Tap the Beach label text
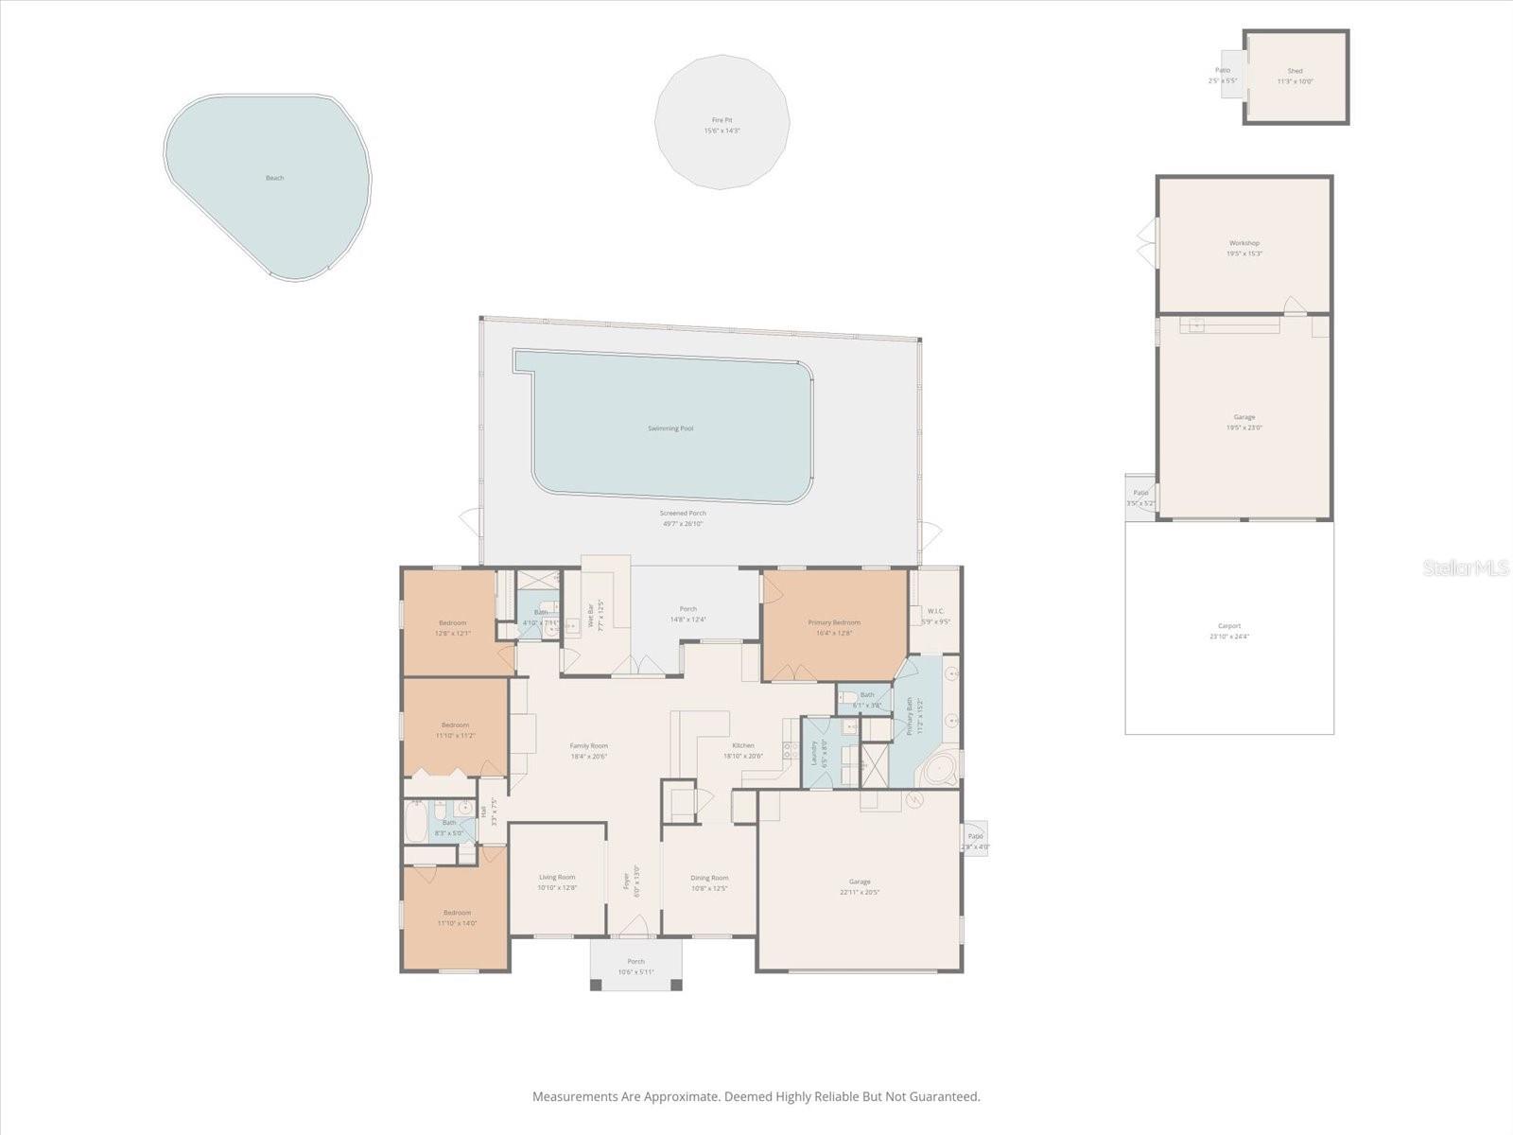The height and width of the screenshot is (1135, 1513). click(274, 178)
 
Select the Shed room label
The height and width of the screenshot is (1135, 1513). click(1295, 71)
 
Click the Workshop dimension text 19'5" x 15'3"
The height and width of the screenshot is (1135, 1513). click(1243, 253)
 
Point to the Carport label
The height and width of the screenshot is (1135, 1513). click(1229, 626)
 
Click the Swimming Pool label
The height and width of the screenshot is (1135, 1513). click(670, 428)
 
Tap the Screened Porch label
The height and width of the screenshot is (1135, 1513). click(683, 513)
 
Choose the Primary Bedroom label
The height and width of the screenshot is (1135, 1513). click(834, 622)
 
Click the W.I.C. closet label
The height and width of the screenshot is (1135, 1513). click(935, 611)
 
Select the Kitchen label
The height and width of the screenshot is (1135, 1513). click(742, 745)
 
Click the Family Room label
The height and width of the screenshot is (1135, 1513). click(588, 745)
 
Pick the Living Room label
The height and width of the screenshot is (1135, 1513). click(557, 877)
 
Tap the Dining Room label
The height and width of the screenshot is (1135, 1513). click(709, 878)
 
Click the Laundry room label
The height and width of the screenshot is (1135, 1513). click(813, 752)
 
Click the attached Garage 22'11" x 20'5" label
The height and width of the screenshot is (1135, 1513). click(860, 882)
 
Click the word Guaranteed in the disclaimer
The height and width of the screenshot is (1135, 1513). click(947, 1097)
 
